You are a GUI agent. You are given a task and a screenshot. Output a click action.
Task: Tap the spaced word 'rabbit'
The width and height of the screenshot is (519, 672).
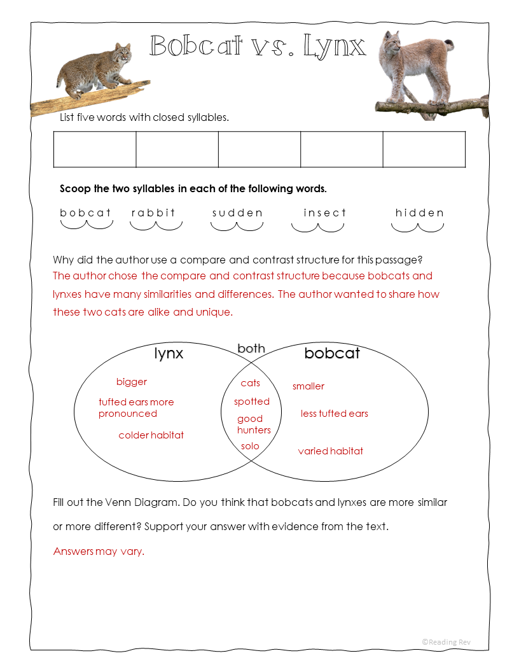[153, 213]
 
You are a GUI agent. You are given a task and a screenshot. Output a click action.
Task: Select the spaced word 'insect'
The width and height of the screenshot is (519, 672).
[325, 213]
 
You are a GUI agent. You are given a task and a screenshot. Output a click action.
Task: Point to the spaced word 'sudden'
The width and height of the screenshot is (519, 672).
[237, 213]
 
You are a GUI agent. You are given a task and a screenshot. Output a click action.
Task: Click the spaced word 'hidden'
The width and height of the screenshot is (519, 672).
[419, 213]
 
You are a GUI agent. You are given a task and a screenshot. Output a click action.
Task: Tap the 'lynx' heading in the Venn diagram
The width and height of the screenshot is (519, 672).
[169, 354]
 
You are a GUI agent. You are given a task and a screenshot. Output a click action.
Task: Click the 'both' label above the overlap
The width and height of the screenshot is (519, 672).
[251, 348]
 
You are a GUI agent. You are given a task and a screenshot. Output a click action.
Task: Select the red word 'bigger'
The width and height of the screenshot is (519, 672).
[132, 382]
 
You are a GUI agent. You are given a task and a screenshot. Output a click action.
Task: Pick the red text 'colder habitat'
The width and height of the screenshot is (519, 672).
[151, 435]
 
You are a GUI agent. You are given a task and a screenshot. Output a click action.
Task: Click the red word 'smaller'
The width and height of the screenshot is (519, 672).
[308, 386]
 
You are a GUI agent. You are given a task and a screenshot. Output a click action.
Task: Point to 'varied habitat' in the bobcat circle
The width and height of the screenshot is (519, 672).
[331, 451]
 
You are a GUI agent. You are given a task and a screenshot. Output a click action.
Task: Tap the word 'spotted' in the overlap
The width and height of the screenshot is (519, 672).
[252, 402]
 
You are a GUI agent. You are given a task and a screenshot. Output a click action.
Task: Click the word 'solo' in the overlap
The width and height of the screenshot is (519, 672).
[250, 446]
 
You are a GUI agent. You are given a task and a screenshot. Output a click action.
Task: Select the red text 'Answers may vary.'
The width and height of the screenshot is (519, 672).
[99, 551]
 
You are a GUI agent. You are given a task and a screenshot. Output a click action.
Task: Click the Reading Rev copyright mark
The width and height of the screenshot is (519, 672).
[446, 642]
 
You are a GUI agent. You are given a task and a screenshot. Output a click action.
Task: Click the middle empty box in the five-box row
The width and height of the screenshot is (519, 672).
[259, 150]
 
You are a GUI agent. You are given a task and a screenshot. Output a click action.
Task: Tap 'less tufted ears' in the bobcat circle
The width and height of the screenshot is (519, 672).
[335, 414]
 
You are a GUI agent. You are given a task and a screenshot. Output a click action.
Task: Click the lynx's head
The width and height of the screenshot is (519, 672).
[392, 43]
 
